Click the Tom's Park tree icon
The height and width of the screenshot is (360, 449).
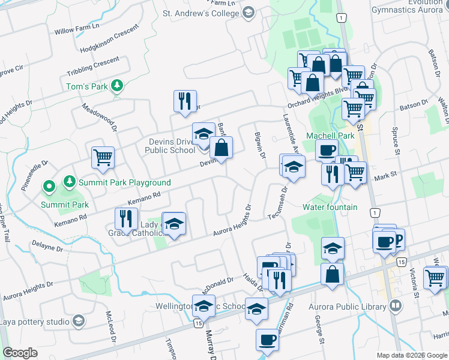pyautogui.click(x=118, y=86)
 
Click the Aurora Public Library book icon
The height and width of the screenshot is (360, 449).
pyautogui.click(x=395, y=307)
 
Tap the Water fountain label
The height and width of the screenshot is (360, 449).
pyautogui.click(x=330, y=208)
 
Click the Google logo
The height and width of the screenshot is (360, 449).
pyautogui.click(x=20, y=353)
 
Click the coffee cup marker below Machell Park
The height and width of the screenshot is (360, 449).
pyautogui.click(x=327, y=151)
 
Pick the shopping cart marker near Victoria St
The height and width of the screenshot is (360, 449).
pyautogui.click(x=435, y=278)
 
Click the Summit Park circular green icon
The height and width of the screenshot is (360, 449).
pyautogui.click(x=49, y=187)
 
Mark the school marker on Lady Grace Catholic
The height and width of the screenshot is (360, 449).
pyautogui.click(x=174, y=225)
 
